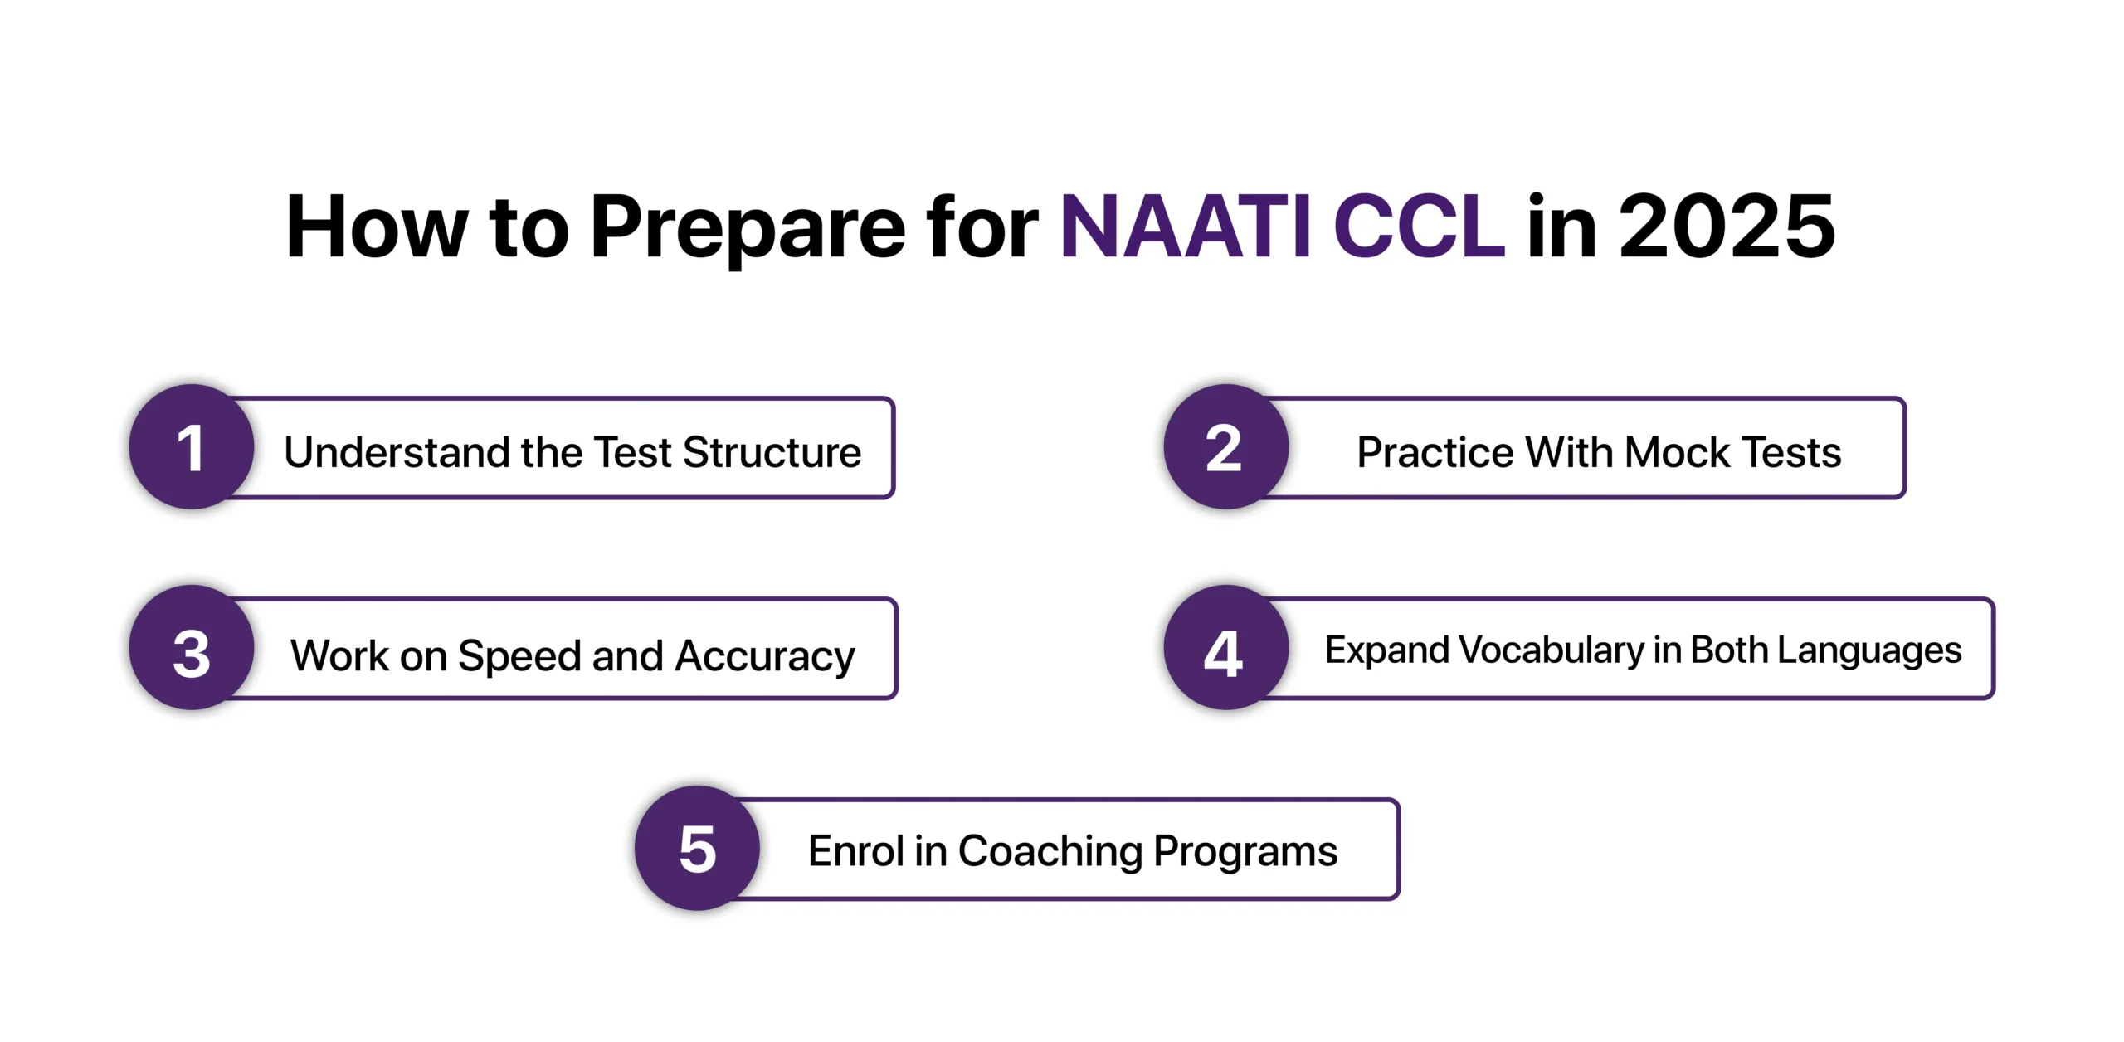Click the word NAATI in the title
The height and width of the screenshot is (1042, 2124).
(x=1186, y=226)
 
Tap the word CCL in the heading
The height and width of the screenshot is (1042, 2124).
(x=1419, y=226)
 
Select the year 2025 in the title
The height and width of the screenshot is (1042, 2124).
(x=1727, y=226)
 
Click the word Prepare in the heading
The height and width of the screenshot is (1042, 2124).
(x=748, y=232)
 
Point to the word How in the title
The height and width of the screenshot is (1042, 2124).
(x=378, y=226)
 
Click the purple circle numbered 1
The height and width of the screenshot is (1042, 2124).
(x=192, y=446)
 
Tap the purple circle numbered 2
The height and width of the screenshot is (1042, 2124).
(x=1225, y=446)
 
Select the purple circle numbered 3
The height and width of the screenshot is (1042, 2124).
(x=192, y=647)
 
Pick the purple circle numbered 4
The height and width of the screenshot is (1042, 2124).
(x=1225, y=647)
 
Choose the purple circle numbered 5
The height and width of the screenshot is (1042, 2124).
(x=697, y=848)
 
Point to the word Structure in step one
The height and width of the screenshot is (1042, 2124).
(x=772, y=453)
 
